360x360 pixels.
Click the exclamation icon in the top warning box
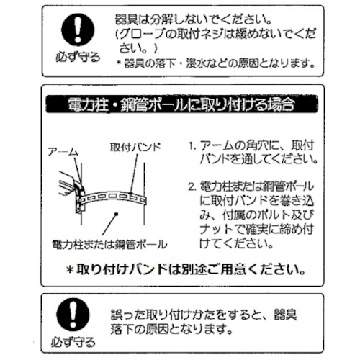tap(78, 30)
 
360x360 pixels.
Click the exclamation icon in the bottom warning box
tap(73, 315)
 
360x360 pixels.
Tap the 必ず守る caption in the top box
tap(78, 57)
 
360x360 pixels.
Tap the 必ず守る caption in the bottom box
tap(73, 342)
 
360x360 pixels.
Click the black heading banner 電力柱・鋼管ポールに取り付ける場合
tap(182, 104)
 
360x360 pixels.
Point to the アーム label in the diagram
tap(63, 152)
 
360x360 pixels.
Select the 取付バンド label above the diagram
tap(135, 147)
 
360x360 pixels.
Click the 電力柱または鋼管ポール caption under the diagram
tap(109, 244)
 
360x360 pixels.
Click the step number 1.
tap(192, 145)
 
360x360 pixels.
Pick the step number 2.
tap(192, 186)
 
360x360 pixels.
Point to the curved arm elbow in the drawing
tap(78, 189)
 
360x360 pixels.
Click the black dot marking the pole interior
tap(117, 214)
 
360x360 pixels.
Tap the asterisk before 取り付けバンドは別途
tap(70, 270)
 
